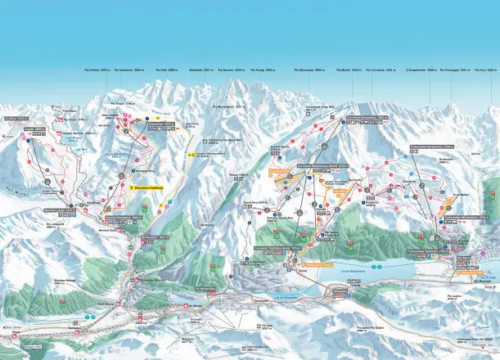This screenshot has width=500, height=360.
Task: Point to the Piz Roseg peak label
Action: tap(275, 71)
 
